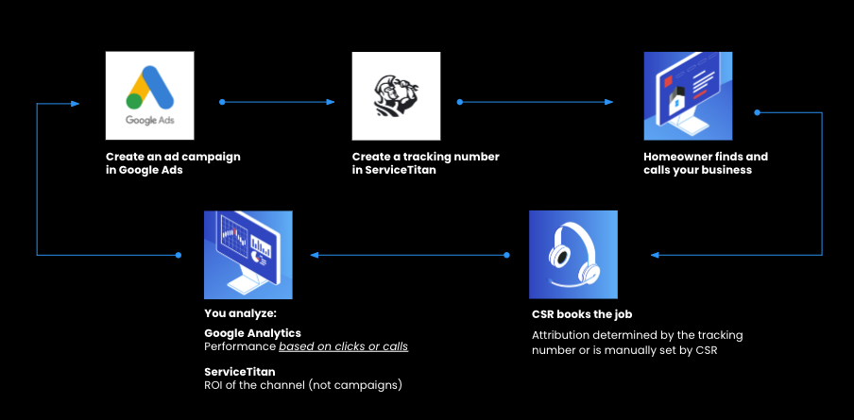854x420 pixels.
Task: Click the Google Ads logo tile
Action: click(149, 95)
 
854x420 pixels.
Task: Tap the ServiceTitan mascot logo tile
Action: click(396, 95)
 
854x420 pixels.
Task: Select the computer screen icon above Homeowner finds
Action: click(688, 95)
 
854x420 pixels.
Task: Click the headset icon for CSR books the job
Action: click(573, 255)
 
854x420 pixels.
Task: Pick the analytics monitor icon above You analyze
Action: click(248, 255)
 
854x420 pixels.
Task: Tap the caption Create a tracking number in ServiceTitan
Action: click(425, 163)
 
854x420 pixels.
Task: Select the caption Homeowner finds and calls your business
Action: click(706, 163)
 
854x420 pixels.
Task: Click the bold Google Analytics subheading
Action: click(252, 333)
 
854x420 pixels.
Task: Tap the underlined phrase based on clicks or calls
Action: click(343, 346)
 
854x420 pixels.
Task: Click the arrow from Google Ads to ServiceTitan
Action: click(278, 101)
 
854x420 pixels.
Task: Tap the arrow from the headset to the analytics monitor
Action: click(409, 255)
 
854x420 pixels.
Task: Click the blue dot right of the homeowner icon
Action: click(757, 112)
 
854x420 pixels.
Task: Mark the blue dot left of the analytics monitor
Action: click(179, 255)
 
